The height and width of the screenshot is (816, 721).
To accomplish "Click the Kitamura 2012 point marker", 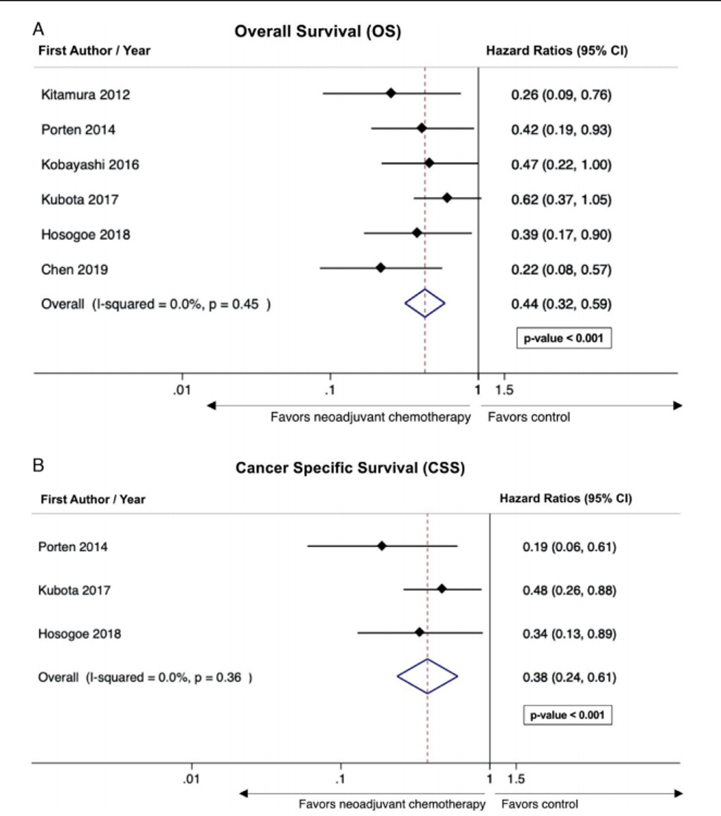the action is (x=391, y=94).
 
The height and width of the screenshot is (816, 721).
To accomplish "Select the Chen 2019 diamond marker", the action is (x=380, y=268).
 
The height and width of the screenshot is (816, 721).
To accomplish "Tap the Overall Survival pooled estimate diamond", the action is (x=425, y=304).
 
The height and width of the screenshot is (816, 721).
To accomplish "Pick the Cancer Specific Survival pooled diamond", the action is (x=428, y=677).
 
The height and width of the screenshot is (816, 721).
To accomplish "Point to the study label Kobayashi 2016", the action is (x=90, y=165).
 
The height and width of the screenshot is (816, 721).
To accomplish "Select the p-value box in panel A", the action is (x=564, y=338).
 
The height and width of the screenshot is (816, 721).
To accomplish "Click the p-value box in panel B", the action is (x=568, y=715).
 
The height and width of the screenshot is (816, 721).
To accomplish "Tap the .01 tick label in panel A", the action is (x=182, y=389).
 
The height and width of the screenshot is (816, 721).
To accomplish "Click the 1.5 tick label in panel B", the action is (x=515, y=779).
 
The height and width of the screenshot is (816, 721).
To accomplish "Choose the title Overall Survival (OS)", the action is (x=318, y=31).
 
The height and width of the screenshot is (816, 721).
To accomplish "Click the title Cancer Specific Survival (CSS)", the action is (x=350, y=468).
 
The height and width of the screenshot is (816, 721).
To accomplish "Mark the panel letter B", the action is (x=38, y=465).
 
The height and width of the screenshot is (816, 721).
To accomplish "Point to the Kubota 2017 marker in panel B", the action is (x=442, y=589).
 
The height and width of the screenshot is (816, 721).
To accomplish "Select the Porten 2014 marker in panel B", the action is (x=382, y=546).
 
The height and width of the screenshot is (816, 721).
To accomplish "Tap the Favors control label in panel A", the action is (x=529, y=418).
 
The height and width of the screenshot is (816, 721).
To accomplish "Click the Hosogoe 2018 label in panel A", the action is (x=86, y=235).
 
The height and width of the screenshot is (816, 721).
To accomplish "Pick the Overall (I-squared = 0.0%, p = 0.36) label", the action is (x=145, y=678).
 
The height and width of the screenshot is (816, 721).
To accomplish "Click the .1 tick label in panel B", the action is (x=341, y=779).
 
